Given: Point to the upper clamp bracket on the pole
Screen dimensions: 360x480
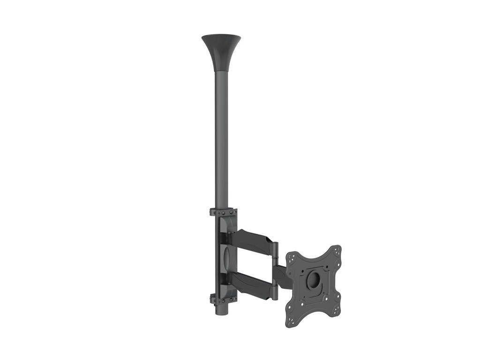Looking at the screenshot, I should (224, 212).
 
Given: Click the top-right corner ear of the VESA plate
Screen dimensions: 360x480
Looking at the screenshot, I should (335, 252).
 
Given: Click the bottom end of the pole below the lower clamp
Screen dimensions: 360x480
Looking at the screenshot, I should (221, 310).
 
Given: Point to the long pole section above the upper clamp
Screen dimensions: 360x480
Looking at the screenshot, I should (221, 141).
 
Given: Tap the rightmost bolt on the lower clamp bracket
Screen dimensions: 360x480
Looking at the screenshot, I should (234, 300).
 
